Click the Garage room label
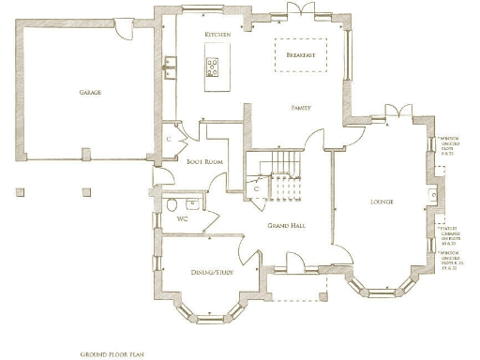click(x=90, y=93)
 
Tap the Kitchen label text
click(x=217, y=35)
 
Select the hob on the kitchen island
click(x=213, y=66)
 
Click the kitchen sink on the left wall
click(x=171, y=65)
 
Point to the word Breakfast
click(x=300, y=55)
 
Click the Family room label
click(x=301, y=109)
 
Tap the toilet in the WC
click(x=171, y=205)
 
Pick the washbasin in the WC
click(x=193, y=202)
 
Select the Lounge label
click(x=381, y=202)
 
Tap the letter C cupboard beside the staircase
click(x=256, y=188)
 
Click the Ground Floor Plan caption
click(x=111, y=355)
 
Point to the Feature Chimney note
click(x=452, y=232)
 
